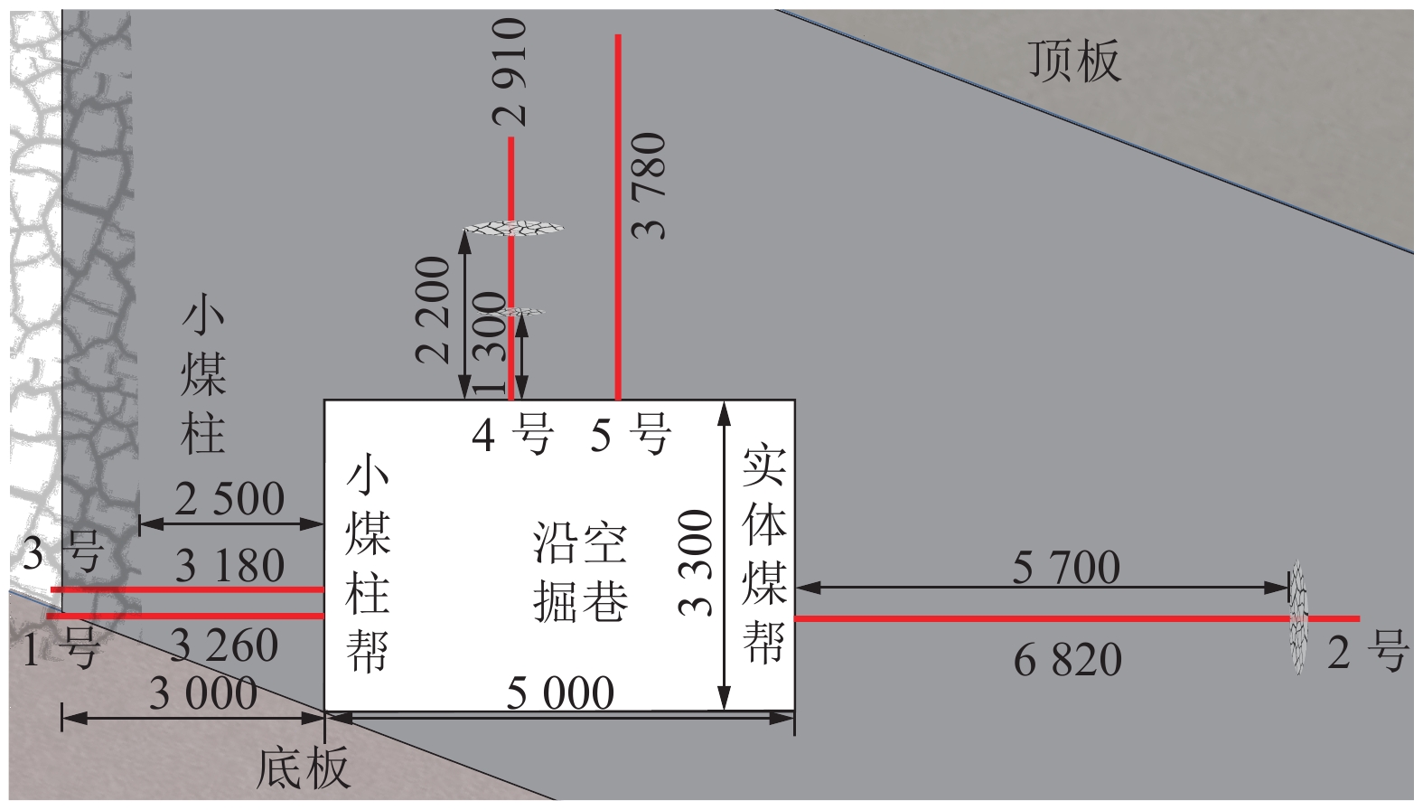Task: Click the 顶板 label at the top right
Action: click(x=1074, y=61)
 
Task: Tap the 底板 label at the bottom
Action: click(x=303, y=768)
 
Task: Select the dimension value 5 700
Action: click(x=1066, y=568)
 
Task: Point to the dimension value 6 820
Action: click(x=1067, y=660)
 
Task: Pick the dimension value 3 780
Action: click(x=650, y=185)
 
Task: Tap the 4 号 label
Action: click(x=512, y=435)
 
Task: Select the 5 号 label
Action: click(x=631, y=435)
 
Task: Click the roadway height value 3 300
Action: click(x=697, y=562)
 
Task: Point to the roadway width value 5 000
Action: click(x=560, y=693)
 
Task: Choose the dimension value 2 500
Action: click(x=229, y=499)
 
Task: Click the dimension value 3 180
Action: click(x=229, y=567)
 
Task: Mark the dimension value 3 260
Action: click(x=224, y=645)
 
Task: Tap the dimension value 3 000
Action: click(x=203, y=694)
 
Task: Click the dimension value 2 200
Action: click(x=435, y=309)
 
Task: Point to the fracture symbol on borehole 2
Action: click(x=1297, y=617)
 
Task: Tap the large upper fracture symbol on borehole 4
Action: click(x=512, y=228)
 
